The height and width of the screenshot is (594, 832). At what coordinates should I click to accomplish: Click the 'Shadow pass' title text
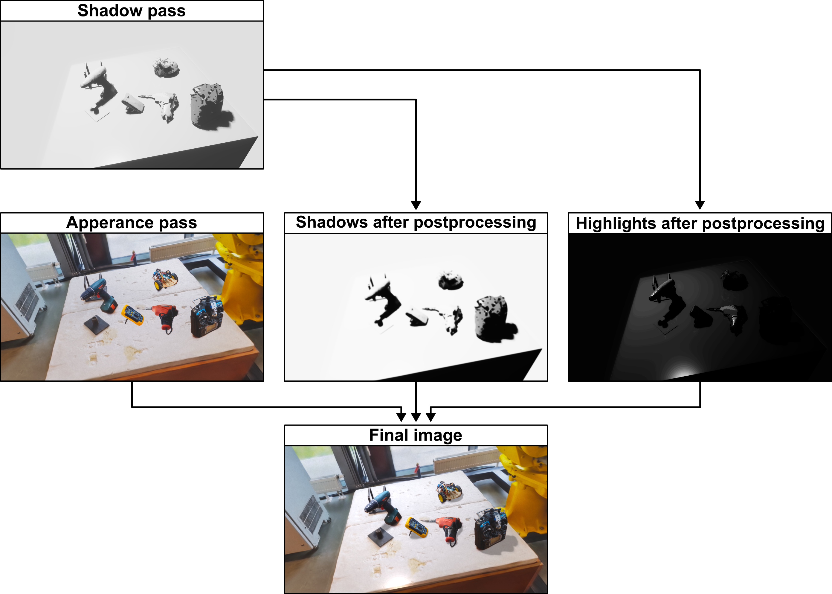(x=131, y=10)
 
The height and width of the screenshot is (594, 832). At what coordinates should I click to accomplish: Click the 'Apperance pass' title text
(x=131, y=223)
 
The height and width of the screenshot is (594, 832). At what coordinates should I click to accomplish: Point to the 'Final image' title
(x=416, y=435)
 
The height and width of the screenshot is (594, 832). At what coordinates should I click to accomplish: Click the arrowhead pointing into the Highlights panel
(x=700, y=205)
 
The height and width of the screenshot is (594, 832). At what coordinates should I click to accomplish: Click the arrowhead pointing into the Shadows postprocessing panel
(x=416, y=205)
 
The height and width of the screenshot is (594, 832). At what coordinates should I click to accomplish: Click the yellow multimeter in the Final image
(x=417, y=527)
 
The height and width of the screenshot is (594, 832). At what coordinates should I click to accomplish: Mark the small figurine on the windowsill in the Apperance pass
(x=134, y=257)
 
